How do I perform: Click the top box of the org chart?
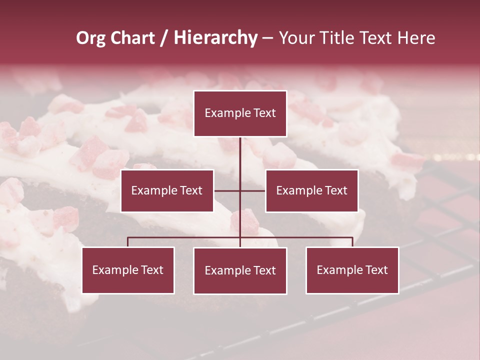(x=240, y=113)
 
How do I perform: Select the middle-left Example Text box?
(x=167, y=190)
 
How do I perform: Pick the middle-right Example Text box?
(x=311, y=190)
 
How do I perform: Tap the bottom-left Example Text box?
(x=128, y=270)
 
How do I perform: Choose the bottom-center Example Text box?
(x=240, y=270)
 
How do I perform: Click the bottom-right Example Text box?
(x=352, y=270)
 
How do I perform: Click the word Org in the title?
(x=90, y=38)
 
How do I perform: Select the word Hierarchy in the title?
(x=215, y=38)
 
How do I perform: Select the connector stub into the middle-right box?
(x=253, y=190)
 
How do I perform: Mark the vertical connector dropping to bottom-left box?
(x=128, y=242)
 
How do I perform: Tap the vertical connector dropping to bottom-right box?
(x=352, y=242)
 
